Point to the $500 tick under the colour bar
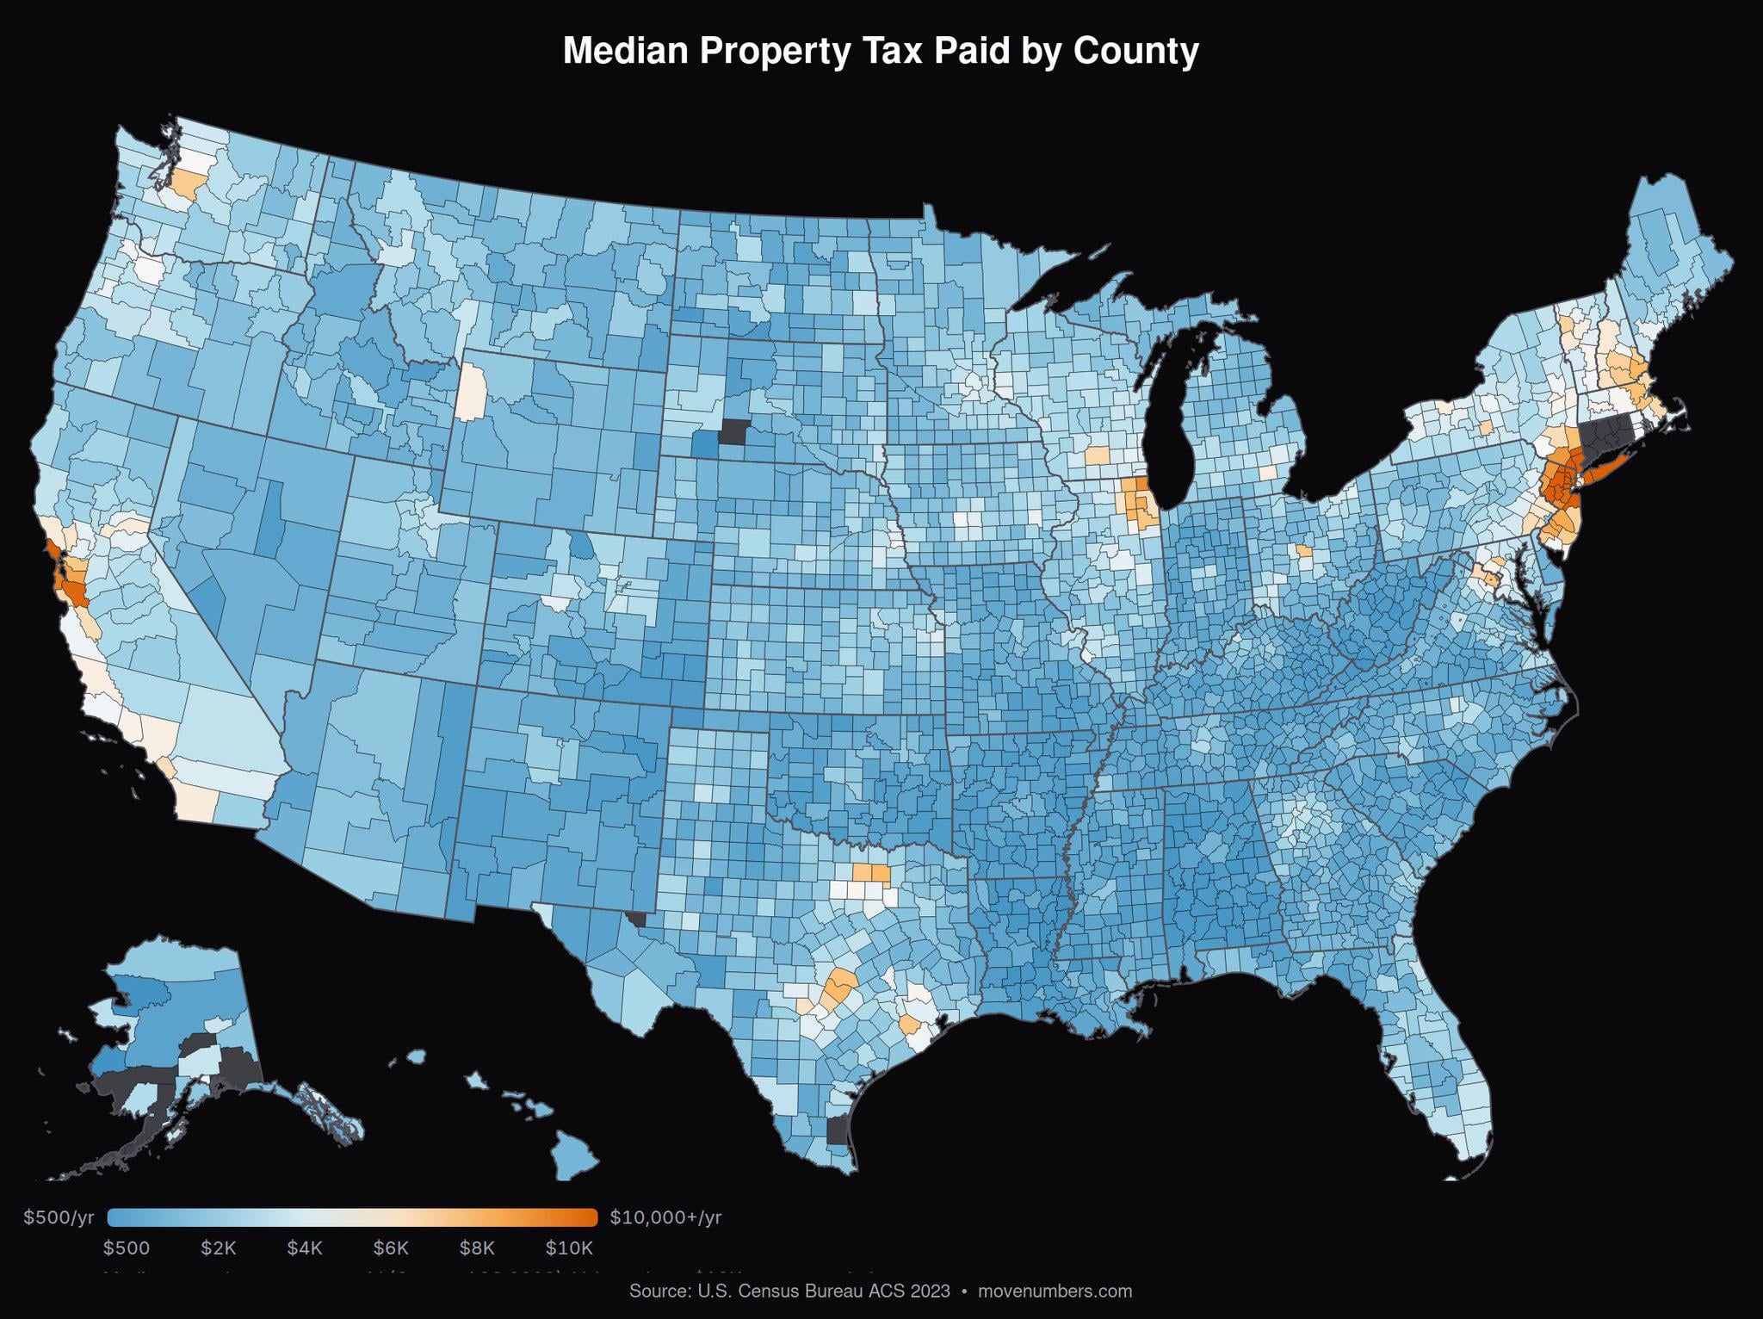point(126,1248)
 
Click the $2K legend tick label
point(218,1248)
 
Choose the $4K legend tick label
point(304,1248)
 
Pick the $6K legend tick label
point(391,1248)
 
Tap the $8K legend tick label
point(477,1248)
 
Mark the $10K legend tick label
point(569,1248)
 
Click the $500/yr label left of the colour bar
point(59,1217)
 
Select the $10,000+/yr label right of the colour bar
point(665,1217)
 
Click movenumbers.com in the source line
point(1055,1291)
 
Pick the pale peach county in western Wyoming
point(470,392)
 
